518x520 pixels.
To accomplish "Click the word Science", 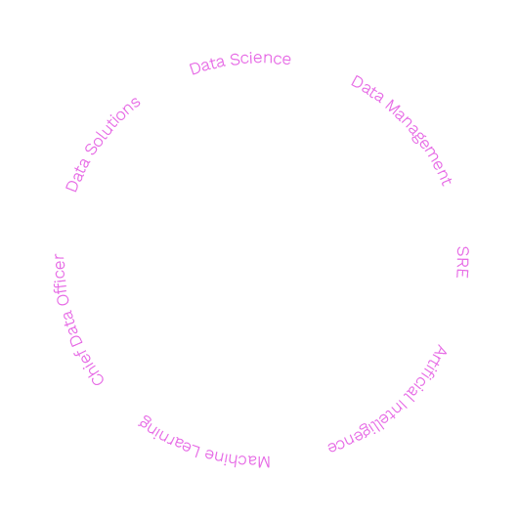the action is point(260,59).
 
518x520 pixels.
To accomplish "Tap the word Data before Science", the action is point(207,65).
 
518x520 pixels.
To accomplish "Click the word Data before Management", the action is point(367,88).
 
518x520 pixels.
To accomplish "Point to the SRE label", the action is point(462,262).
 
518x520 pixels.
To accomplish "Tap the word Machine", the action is point(237,458).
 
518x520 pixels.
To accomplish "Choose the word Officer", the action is point(61,280).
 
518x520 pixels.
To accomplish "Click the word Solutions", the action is point(112,126).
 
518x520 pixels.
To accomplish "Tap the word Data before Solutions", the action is point(77,175).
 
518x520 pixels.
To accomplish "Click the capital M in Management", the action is point(393,108).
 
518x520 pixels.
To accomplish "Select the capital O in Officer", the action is point(62,299).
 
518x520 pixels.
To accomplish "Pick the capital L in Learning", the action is point(195,451).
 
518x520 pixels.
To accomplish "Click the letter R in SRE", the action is point(462,262).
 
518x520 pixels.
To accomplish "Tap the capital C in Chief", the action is point(97,378).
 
